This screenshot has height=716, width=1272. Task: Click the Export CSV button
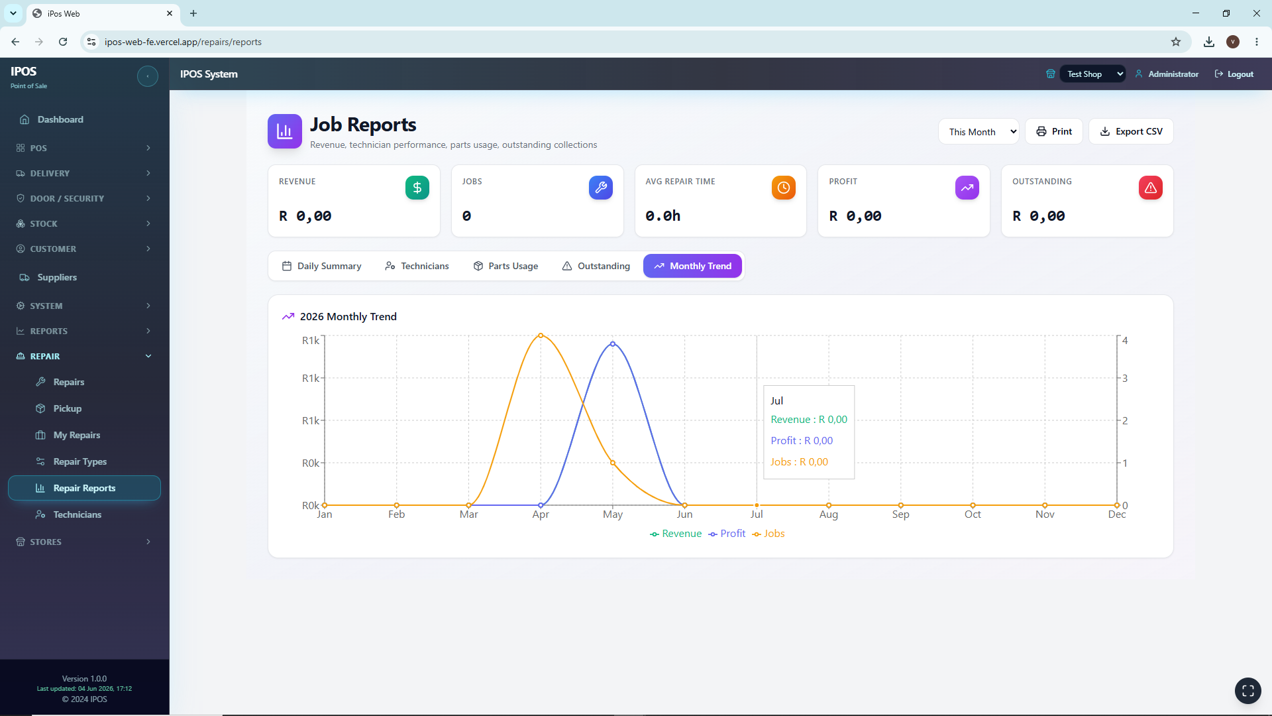[x=1131, y=131]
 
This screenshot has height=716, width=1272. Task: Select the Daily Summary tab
[x=321, y=266]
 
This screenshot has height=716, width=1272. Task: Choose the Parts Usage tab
[x=505, y=266]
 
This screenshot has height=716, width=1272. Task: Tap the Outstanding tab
[x=596, y=266]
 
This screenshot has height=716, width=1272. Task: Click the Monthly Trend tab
[x=692, y=266]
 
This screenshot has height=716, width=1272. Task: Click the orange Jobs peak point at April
[x=541, y=335]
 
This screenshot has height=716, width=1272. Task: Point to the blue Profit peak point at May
[x=613, y=344]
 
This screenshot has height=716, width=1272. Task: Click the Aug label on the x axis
[x=829, y=514]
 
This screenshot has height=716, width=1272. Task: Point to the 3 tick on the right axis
[x=1125, y=379]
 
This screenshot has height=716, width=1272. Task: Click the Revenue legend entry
[x=676, y=534]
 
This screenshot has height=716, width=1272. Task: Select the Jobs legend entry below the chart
[x=768, y=534]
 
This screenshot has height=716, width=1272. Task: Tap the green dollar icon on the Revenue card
[x=417, y=188]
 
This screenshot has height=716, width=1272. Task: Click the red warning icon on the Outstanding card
[x=1151, y=188]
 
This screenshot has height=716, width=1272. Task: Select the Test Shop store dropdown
[x=1092, y=74]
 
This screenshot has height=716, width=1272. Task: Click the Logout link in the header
[x=1234, y=74]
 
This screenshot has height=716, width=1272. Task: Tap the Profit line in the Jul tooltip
[x=802, y=441]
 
